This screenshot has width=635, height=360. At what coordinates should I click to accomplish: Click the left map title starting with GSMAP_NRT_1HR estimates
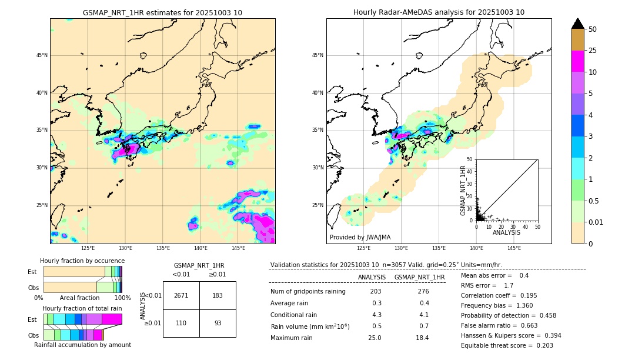tap(162, 12)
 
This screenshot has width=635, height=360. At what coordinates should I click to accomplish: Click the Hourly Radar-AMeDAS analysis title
tap(439, 12)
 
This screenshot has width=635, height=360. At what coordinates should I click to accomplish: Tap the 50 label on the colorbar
tap(593, 29)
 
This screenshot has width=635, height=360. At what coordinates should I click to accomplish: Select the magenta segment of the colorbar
tap(578, 61)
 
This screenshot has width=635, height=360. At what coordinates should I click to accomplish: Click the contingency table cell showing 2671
tap(181, 295)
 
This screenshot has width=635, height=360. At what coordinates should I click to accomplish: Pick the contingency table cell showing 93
tap(218, 323)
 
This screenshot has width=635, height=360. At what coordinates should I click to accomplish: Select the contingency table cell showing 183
tap(218, 295)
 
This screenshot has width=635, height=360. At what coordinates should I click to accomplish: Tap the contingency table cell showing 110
tap(181, 323)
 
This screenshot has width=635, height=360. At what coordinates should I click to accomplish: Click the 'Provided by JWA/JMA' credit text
tap(360, 238)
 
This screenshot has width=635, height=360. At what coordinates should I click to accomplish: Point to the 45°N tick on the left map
tap(41, 55)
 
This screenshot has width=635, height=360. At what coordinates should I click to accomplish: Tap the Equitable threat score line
tap(507, 345)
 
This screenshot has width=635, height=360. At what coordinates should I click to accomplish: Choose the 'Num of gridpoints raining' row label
tap(308, 292)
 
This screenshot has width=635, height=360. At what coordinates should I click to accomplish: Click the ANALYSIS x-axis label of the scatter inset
tap(506, 232)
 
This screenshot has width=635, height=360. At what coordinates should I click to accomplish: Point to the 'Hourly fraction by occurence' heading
tap(82, 261)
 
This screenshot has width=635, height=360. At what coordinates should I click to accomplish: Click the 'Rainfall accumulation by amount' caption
tap(82, 345)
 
